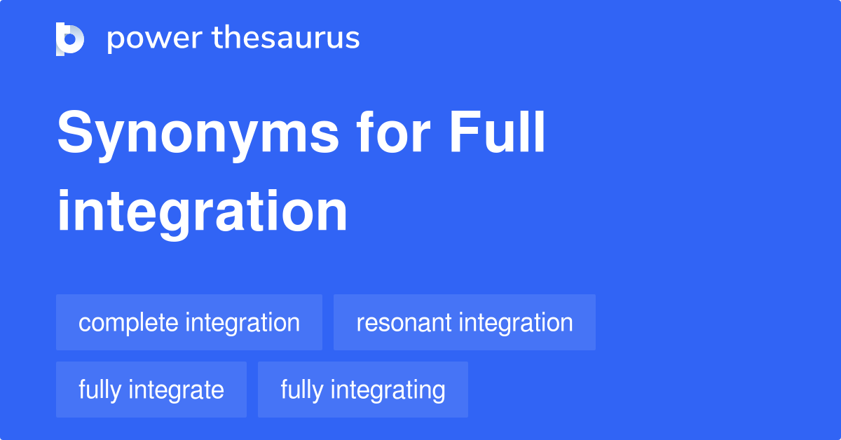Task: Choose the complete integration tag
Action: (189, 322)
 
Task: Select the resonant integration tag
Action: (465, 322)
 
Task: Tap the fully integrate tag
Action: (151, 390)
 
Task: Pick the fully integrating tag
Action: (363, 390)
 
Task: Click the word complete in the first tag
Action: (128, 323)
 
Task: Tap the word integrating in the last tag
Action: (387, 390)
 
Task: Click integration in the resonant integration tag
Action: (516, 323)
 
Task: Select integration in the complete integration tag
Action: (242, 323)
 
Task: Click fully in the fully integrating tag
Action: (301, 390)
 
